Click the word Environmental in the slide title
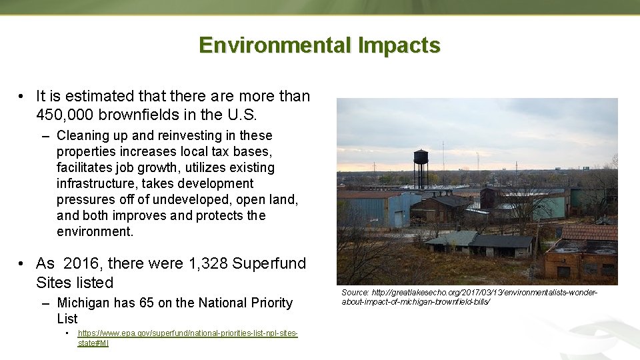tap(275, 45)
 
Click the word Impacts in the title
tap(399, 45)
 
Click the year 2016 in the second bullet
tap(81, 263)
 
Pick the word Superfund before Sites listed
tap(269, 263)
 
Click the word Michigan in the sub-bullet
tap(83, 303)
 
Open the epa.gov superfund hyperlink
tap(187, 333)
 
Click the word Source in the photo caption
tap(355, 293)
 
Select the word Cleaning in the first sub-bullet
tap(81, 135)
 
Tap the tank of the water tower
tap(421, 157)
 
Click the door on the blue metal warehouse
tap(399, 219)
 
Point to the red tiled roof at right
tap(589, 232)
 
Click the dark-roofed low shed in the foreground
tap(500, 243)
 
